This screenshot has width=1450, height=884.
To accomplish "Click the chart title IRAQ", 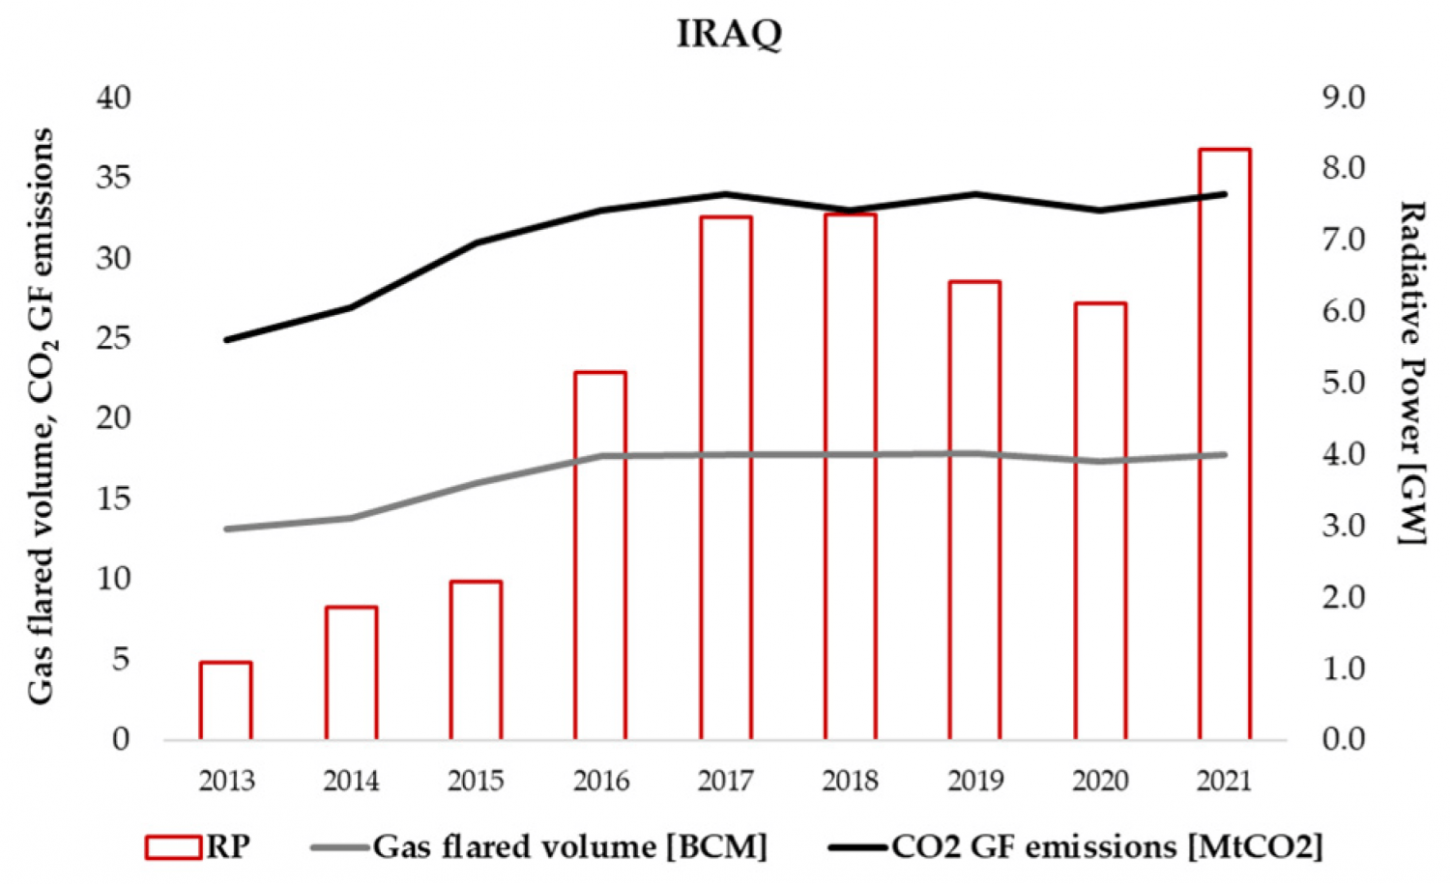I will pyautogui.click(x=729, y=34).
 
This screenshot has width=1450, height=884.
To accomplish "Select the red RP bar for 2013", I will pyautogui.click(x=226, y=700).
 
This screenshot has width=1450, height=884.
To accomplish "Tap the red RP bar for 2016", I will pyautogui.click(x=600, y=556).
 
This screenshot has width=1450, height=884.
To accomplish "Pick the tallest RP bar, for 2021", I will pyautogui.click(x=1225, y=444).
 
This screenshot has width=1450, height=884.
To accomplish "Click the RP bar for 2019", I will pyautogui.click(x=974, y=510).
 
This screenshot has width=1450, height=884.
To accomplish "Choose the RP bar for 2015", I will pyautogui.click(x=476, y=660).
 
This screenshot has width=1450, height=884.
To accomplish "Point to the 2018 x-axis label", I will pyautogui.click(x=851, y=781).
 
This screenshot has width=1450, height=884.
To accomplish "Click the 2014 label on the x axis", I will pyautogui.click(x=351, y=781).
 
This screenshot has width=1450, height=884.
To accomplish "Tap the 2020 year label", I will pyautogui.click(x=1100, y=781).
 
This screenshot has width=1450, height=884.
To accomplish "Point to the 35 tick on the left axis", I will pyautogui.click(x=114, y=179).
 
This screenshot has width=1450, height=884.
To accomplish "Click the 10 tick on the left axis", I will pyautogui.click(x=114, y=579).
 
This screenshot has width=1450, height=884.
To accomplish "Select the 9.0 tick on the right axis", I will pyautogui.click(x=1343, y=98).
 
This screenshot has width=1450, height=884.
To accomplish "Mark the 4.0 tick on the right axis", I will pyautogui.click(x=1343, y=454).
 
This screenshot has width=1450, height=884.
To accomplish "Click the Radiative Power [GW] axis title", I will pyautogui.click(x=1413, y=372).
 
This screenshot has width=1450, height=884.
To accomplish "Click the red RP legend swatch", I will pyautogui.click(x=173, y=847).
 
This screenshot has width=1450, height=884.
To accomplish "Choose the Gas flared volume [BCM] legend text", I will pyautogui.click(x=570, y=847).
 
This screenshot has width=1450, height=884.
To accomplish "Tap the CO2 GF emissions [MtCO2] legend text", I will pyautogui.click(x=1106, y=847).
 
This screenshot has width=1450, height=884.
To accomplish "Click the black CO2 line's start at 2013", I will pyautogui.click(x=226, y=340).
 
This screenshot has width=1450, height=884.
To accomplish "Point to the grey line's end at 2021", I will pyautogui.click(x=1225, y=454).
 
